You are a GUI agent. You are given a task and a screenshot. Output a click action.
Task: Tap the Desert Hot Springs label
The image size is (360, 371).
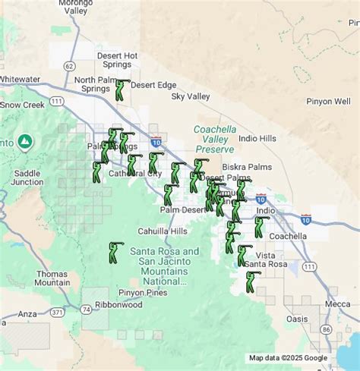[x=118, y=60]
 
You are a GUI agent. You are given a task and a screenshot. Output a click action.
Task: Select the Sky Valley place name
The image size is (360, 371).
[x=190, y=96]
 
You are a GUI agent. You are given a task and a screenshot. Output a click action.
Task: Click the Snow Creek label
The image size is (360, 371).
[x=23, y=105]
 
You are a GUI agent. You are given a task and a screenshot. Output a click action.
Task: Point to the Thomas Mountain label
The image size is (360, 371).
[x=52, y=278]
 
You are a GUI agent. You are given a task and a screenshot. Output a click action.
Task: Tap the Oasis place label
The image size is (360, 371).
[x=297, y=319]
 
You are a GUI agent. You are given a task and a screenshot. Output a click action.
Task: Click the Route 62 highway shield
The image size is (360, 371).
[x=70, y=66]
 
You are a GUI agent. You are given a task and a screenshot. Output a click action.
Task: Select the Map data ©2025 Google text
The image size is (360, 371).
[x=288, y=358]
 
